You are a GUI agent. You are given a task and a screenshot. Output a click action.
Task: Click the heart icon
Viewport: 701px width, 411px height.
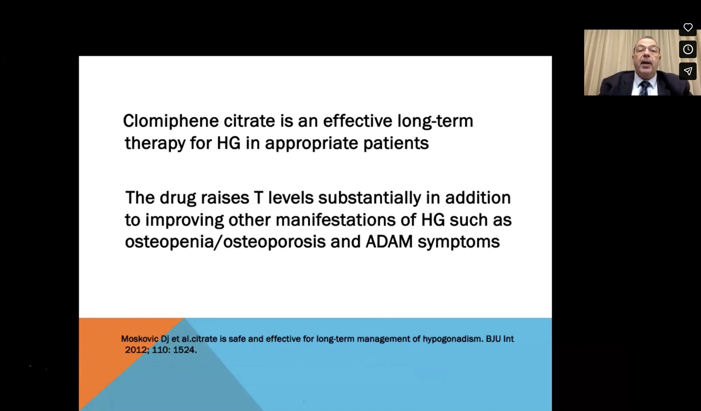tap(688, 28)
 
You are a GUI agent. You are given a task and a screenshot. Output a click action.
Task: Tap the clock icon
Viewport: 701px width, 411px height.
tap(688, 49)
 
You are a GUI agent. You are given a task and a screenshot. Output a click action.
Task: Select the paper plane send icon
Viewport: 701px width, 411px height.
tap(688, 71)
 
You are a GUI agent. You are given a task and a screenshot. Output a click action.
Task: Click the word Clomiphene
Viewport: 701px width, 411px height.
tap(171, 121)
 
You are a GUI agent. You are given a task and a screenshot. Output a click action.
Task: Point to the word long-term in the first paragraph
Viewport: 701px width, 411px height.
tap(435, 121)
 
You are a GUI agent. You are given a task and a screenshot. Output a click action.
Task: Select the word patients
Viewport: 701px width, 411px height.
tap(396, 143)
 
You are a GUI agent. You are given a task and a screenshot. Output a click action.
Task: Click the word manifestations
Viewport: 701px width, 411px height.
tap(336, 220)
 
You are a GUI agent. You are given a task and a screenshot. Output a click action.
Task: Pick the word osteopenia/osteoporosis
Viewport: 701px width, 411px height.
tap(225, 242)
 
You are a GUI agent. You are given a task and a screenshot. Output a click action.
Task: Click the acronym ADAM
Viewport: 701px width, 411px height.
tap(389, 241)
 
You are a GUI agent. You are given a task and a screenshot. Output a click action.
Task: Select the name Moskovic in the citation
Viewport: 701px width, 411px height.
tap(140, 339)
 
